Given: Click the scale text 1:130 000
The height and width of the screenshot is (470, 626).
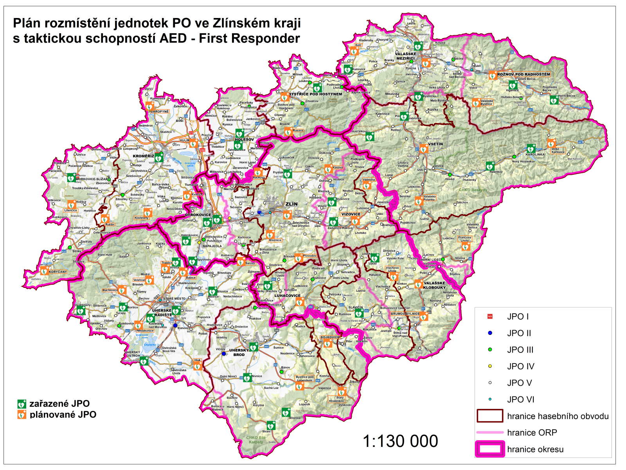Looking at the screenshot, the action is point(400,441).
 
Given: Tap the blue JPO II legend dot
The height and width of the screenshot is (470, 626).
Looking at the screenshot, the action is point(490,333).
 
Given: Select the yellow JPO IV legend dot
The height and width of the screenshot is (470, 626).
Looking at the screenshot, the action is point(490,366).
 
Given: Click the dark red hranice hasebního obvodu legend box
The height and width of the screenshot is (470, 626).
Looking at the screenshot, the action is point(490,416).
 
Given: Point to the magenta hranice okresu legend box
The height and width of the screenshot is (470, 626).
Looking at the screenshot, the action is point(490,449).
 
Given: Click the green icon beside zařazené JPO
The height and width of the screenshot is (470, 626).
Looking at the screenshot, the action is point(22,404).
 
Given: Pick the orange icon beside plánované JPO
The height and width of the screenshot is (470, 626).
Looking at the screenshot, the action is point(22,415).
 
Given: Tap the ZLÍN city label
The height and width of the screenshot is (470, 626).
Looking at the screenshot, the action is point(291,204).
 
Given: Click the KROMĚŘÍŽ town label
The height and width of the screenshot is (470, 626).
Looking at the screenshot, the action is point(143,156).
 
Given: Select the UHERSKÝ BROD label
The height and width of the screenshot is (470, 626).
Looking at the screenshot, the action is point(239,352).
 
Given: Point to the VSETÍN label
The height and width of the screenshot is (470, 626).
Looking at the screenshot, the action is point(435,144).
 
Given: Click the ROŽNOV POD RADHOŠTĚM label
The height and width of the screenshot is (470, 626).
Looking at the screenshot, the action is point(523,74).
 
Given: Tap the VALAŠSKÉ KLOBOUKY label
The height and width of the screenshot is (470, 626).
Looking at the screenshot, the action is point(434,285).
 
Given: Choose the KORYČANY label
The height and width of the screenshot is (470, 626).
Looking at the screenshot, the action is point(58,271).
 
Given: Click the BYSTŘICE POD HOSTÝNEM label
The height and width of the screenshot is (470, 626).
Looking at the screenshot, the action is point(315,94).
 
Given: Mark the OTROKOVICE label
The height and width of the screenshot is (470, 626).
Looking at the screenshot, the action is point(198,215).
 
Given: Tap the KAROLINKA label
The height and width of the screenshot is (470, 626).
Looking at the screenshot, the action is point(535,154).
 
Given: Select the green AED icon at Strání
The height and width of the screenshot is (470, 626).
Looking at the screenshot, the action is point(271,425).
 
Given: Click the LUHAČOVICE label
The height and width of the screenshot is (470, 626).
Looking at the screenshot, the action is point(287,296).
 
